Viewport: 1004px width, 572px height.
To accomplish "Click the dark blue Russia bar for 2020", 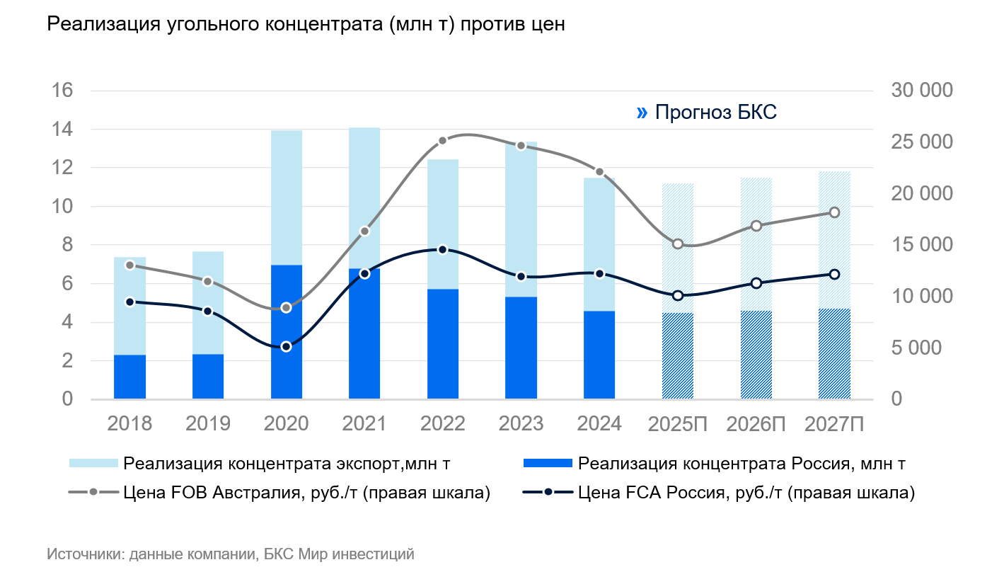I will (287, 332).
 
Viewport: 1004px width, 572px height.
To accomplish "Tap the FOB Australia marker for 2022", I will (442, 141).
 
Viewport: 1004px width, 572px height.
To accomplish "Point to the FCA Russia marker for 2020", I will (287, 346).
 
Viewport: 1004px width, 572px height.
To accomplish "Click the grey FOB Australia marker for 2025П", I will (678, 244).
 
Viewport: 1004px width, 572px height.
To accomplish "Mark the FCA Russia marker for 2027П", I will (834, 274).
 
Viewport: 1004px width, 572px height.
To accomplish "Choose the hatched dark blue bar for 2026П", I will (756, 355).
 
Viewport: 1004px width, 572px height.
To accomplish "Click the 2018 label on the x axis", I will (129, 424).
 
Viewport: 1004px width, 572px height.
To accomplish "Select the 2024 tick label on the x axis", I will (599, 424).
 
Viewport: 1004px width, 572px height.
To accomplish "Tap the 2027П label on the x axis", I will (834, 424).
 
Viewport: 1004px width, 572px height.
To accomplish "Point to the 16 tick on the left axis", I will (62, 91).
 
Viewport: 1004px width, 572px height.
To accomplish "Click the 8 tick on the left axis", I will (67, 245).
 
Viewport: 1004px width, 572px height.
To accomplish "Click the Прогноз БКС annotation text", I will (716, 112).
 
